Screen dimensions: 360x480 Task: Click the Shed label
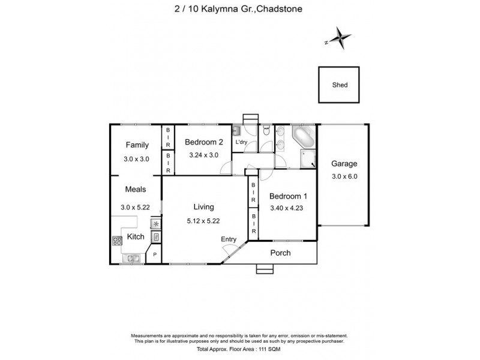coord(340,85)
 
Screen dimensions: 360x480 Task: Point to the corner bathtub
coord(303,137)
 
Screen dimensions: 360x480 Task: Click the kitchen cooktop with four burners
coord(117,242)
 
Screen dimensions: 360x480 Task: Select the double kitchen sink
coord(131,259)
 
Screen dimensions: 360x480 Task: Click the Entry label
coord(229,239)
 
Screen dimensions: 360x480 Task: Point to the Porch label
coord(280,253)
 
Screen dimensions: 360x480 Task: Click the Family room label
coord(137,145)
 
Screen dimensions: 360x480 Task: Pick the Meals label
coord(136,189)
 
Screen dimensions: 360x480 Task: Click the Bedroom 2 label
coord(204,142)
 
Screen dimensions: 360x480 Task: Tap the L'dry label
coord(242,142)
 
